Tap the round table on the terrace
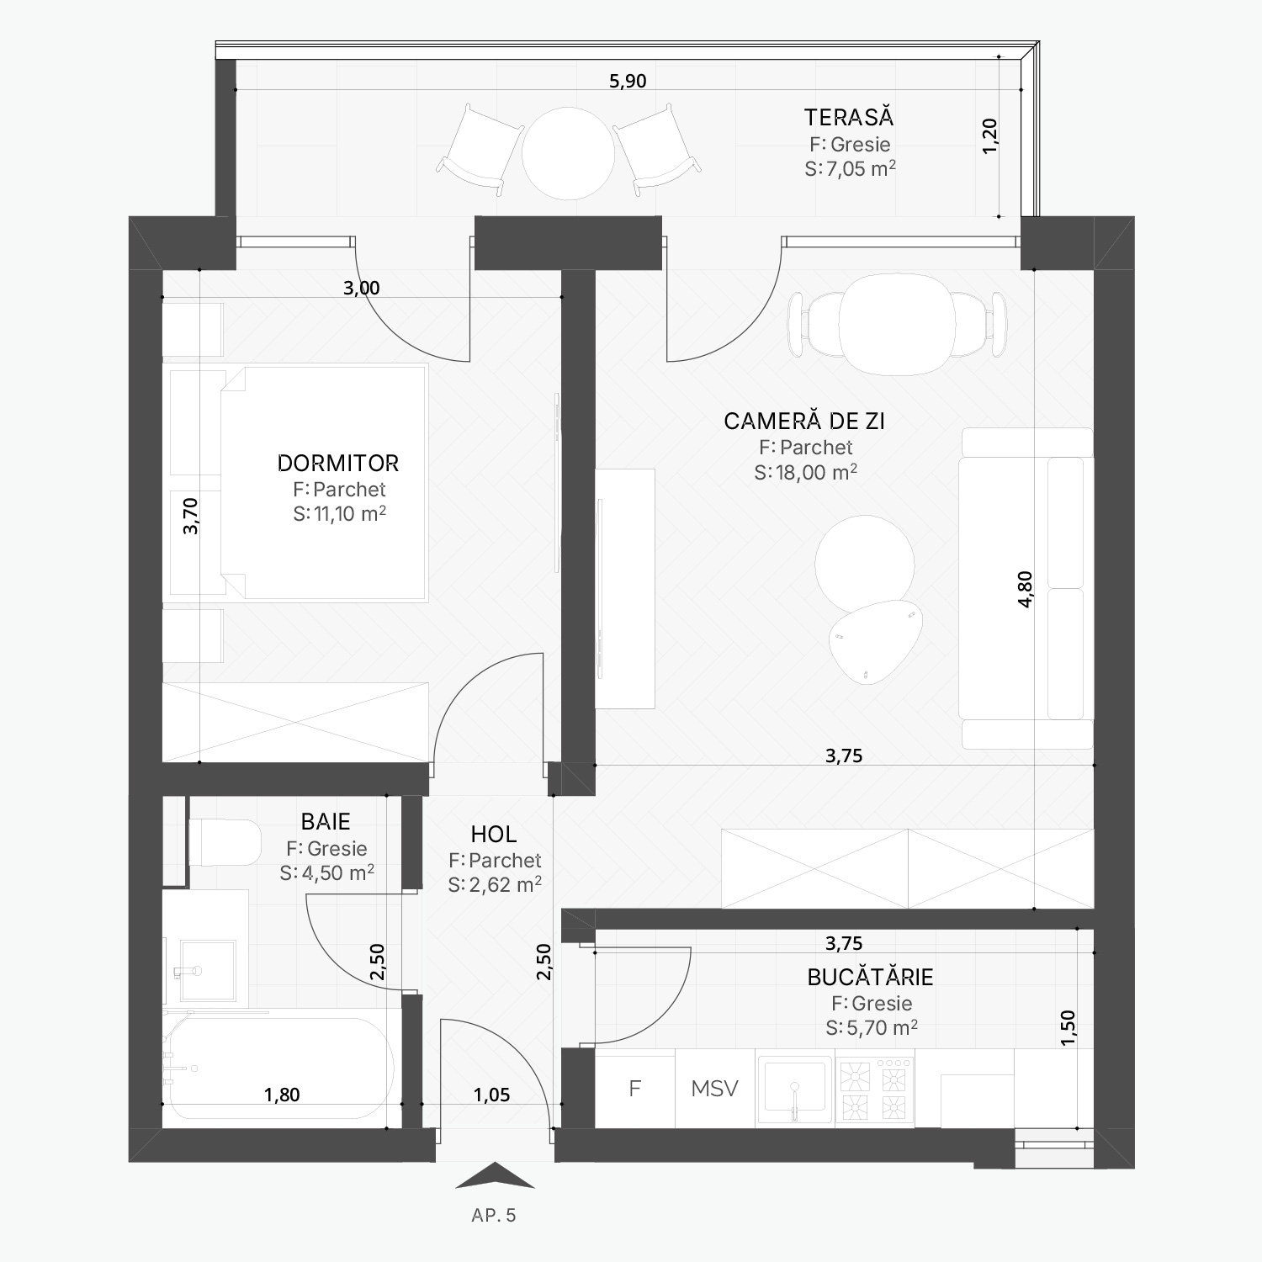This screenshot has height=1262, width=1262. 568,153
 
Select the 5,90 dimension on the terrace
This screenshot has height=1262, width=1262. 628,81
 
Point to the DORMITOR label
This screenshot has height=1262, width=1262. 338,463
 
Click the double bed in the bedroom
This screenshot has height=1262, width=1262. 324,482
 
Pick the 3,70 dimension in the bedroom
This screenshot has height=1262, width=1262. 191,516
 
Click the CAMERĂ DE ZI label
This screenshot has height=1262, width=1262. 804,421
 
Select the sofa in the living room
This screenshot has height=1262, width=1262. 1026,588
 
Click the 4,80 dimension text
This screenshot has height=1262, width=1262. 1025,589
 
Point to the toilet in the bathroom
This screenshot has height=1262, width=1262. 225,842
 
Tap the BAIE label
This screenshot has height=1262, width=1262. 326,821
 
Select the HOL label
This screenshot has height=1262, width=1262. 494,834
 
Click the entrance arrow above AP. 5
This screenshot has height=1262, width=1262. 495,1175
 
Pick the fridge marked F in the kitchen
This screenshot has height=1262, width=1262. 635,1088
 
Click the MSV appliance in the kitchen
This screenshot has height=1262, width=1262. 715,1088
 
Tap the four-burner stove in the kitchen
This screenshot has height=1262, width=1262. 875,1088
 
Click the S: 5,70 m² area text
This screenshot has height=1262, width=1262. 872,1027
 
